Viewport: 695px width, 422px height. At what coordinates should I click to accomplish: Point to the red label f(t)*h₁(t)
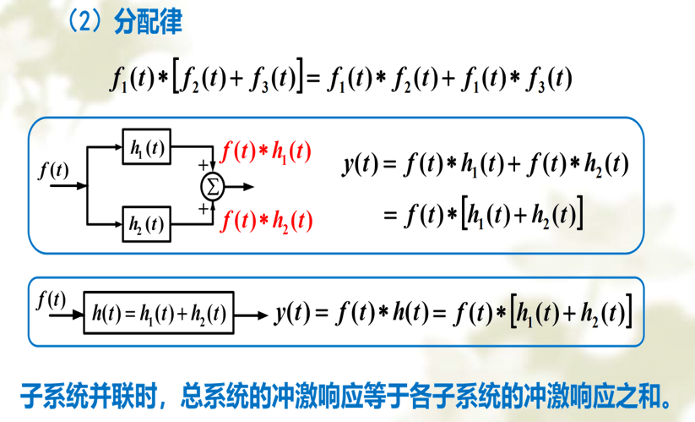(x=265, y=152)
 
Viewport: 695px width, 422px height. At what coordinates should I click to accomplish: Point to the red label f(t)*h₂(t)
(x=266, y=221)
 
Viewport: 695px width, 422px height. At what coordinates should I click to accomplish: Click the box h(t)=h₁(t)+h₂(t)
(x=159, y=314)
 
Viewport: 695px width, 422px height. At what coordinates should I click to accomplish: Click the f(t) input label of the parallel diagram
(x=54, y=170)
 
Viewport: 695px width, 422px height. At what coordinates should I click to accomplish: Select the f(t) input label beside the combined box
(x=52, y=299)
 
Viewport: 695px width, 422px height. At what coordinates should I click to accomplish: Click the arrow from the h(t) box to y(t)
(x=251, y=315)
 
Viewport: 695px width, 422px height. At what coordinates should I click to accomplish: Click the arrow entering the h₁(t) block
(x=106, y=149)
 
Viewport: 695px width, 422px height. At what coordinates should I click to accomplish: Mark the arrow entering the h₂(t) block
(x=106, y=224)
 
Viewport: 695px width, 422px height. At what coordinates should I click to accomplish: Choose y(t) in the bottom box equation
(x=292, y=314)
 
